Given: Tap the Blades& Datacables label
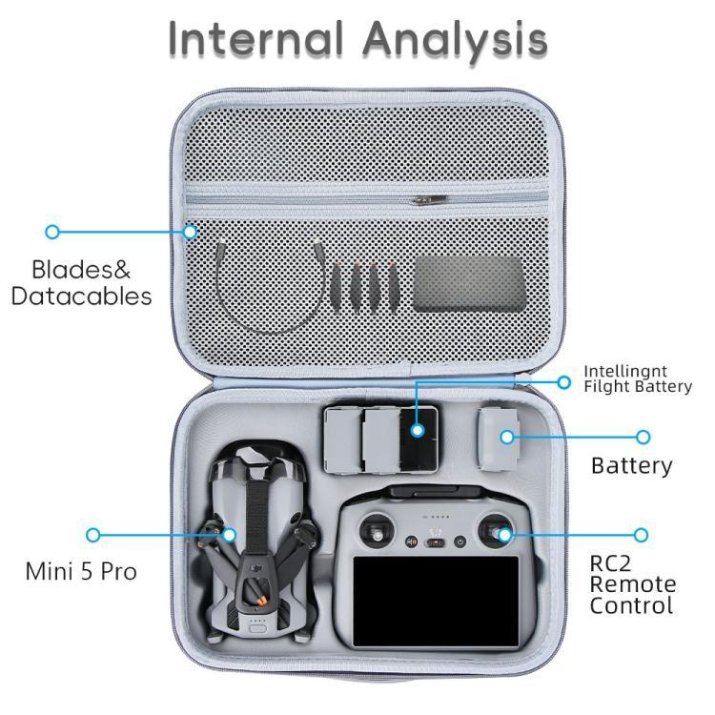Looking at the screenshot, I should point(81,282).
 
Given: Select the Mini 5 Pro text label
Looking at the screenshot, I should point(81,572).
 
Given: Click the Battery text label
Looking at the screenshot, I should point(631,466).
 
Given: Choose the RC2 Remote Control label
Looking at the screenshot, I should point(632,584).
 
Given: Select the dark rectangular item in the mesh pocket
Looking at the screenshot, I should point(468,283).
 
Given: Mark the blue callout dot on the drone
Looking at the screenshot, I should point(229,535).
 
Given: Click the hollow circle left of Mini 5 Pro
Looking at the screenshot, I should point(93,536).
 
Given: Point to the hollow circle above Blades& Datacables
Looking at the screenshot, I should point(52,232).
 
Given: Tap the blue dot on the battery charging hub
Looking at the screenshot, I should point(417,431).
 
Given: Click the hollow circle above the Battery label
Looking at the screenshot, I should point(643,438).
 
